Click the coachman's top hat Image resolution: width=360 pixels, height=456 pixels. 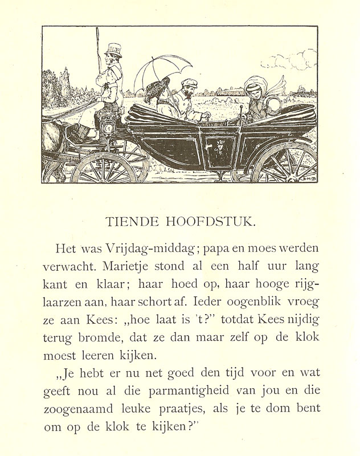[114, 50]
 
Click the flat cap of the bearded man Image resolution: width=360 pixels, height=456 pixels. [188, 83]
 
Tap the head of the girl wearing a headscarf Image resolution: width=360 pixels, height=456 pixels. [255, 91]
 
